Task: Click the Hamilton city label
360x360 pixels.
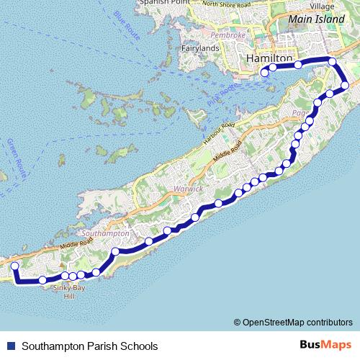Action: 269,57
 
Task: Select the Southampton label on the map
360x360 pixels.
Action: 105,234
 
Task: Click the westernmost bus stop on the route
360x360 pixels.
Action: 14,266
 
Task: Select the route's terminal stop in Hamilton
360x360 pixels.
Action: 264,72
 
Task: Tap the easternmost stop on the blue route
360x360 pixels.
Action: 345,86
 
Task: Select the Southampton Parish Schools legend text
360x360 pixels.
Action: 89,346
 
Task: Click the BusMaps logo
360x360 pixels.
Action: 325,345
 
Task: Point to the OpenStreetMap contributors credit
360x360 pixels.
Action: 297,322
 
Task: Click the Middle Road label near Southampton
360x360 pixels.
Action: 76,244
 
